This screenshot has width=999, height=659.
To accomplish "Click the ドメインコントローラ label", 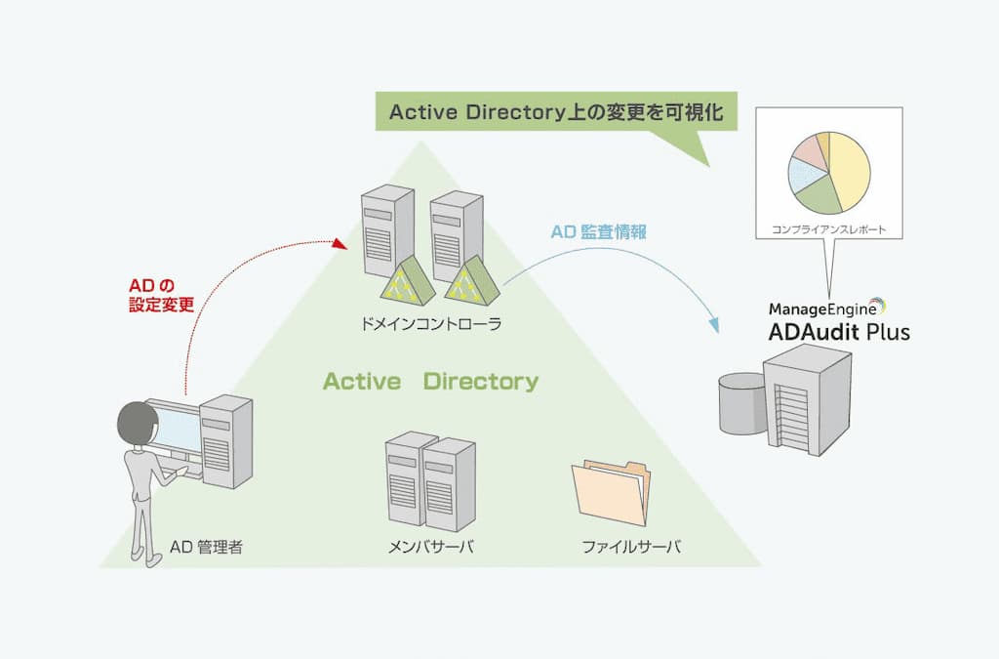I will coord(430,323).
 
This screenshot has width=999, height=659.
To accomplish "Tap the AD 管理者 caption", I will coord(206,547).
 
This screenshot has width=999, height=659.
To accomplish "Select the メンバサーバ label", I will coord(430,547).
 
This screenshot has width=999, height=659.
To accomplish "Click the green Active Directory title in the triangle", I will coord(430,381).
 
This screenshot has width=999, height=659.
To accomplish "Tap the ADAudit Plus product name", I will coord(838,331).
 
